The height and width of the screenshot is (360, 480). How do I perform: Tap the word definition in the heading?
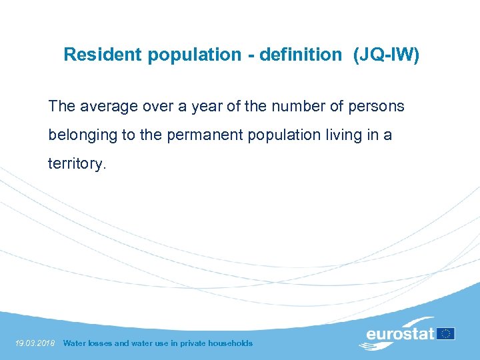pyautogui.click(x=300, y=55)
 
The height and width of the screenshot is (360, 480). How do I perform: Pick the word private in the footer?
pyautogui.click(x=191, y=343)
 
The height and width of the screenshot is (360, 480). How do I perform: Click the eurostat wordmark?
pyautogui.click(x=400, y=333)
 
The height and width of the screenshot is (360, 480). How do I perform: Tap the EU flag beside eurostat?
pyautogui.click(x=446, y=333)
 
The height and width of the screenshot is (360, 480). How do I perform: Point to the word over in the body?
pyautogui.click(x=146, y=106)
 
